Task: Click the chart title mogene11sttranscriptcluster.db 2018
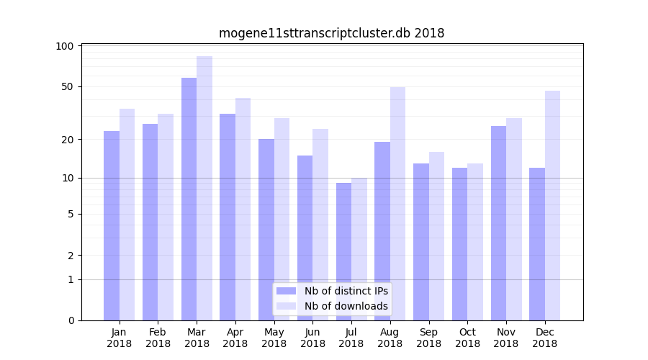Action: click(331, 33)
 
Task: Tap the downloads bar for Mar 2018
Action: click(204, 188)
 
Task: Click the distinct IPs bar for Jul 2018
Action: click(343, 251)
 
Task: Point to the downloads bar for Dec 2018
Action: click(552, 205)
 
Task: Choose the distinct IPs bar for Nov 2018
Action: click(498, 223)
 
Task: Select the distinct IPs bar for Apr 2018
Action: click(228, 217)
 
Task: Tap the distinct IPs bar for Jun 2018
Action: click(305, 238)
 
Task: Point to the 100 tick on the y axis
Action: click(65, 46)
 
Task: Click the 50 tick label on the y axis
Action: click(68, 86)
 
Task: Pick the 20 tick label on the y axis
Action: click(68, 139)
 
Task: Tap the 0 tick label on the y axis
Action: click(71, 320)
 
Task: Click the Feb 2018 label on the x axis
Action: click(158, 338)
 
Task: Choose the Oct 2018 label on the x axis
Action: click(467, 338)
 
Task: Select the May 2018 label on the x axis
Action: click(274, 338)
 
